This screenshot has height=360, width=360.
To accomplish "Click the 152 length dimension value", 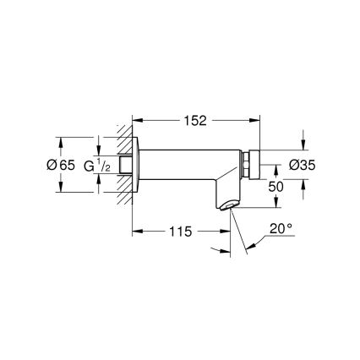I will click(x=195, y=120).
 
